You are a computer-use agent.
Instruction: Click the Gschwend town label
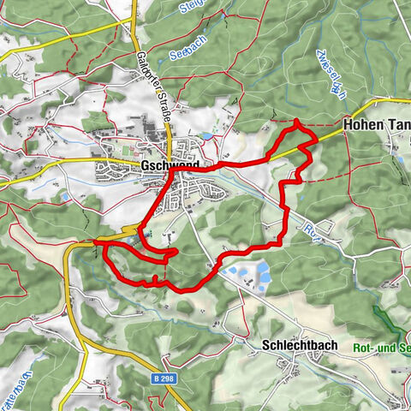171,164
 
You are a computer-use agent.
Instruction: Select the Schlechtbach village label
295,346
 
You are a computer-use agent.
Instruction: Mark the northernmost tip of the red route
296,122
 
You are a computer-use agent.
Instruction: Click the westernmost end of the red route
95,243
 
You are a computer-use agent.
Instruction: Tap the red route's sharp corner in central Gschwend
172,171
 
